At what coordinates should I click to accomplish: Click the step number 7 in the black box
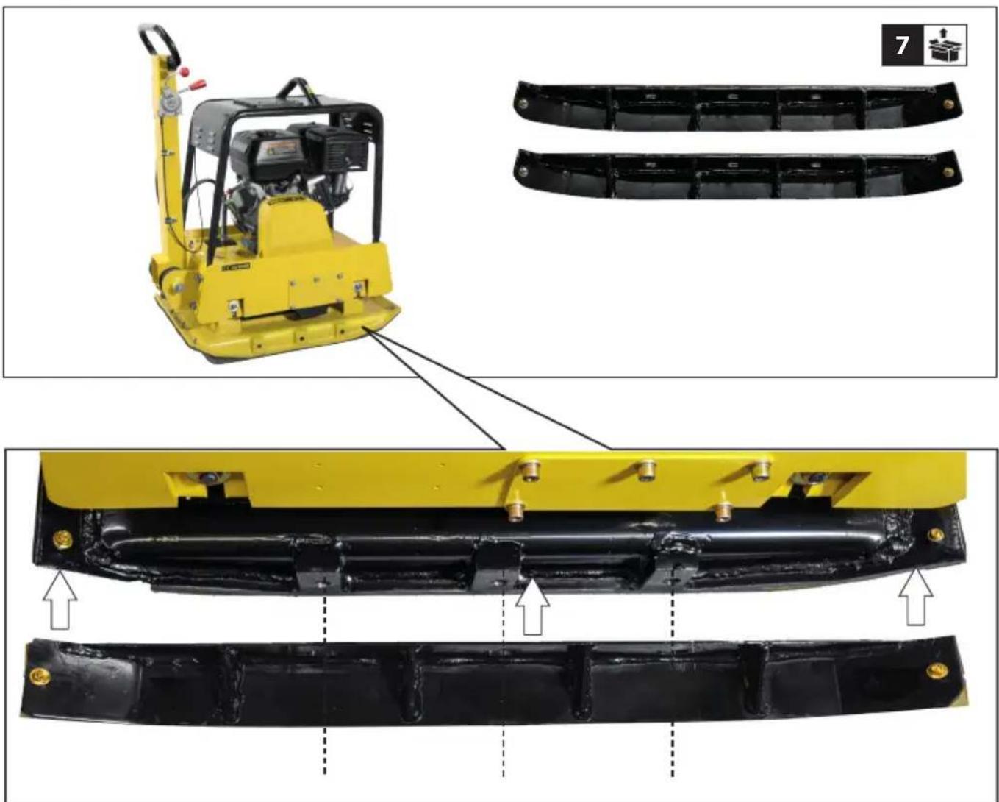click(x=902, y=46)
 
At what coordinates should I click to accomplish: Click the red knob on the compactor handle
click(x=185, y=71)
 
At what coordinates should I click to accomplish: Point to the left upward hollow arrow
click(x=60, y=600)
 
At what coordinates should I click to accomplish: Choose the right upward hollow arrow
click(x=915, y=597)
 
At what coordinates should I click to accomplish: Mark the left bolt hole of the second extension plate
click(x=523, y=171)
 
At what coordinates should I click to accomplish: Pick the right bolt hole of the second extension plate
click(x=948, y=172)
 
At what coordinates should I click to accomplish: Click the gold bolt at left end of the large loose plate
click(x=40, y=676)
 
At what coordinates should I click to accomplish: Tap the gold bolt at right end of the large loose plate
click(x=937, y=671)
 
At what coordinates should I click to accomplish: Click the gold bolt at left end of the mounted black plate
click(x=63, y=539)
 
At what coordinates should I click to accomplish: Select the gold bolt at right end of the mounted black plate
click(x=936, y=535)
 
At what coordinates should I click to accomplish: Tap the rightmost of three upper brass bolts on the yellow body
click(x=761, y=470)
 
